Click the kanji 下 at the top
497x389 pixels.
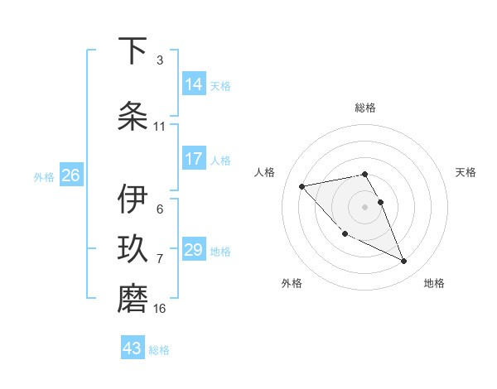pos(133,51)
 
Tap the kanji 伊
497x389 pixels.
pos(133,199)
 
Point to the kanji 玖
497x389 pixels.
pos(133,250)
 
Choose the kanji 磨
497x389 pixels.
pos(133,299)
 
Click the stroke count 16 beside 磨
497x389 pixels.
pos(160,309)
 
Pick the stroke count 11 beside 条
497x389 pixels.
pos(159,127)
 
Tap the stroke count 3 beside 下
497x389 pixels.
pos(159,60)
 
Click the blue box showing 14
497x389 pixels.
pos(194,84)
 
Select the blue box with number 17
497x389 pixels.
pos(194,159)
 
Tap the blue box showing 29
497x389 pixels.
pos(194,250)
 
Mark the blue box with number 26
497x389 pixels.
pos(70,175)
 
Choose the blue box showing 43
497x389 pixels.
pos(133,348)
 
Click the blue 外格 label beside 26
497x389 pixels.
pos(43,176)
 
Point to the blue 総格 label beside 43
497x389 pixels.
pos(159,349)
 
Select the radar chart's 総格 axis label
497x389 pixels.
pos(364,108)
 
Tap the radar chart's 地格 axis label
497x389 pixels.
pos(434,283)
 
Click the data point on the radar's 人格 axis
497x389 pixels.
pos(302,185)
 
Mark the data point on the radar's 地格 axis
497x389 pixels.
pos(403,262)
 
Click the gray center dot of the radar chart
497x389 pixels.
pos(364,206)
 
